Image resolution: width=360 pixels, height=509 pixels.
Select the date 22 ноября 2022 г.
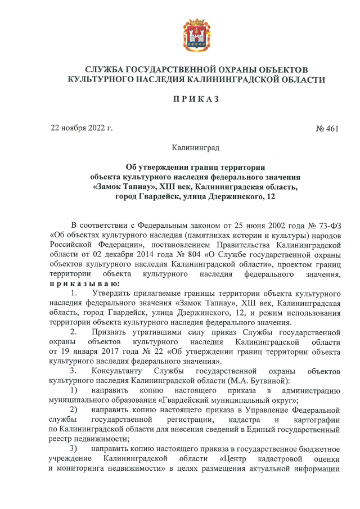[x=82, y=128]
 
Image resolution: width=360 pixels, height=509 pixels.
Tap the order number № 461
[x=327, y=129]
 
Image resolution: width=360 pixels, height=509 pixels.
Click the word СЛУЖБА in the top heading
[x=100, y=69]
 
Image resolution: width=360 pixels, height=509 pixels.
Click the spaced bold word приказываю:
[x=80, y=284]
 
